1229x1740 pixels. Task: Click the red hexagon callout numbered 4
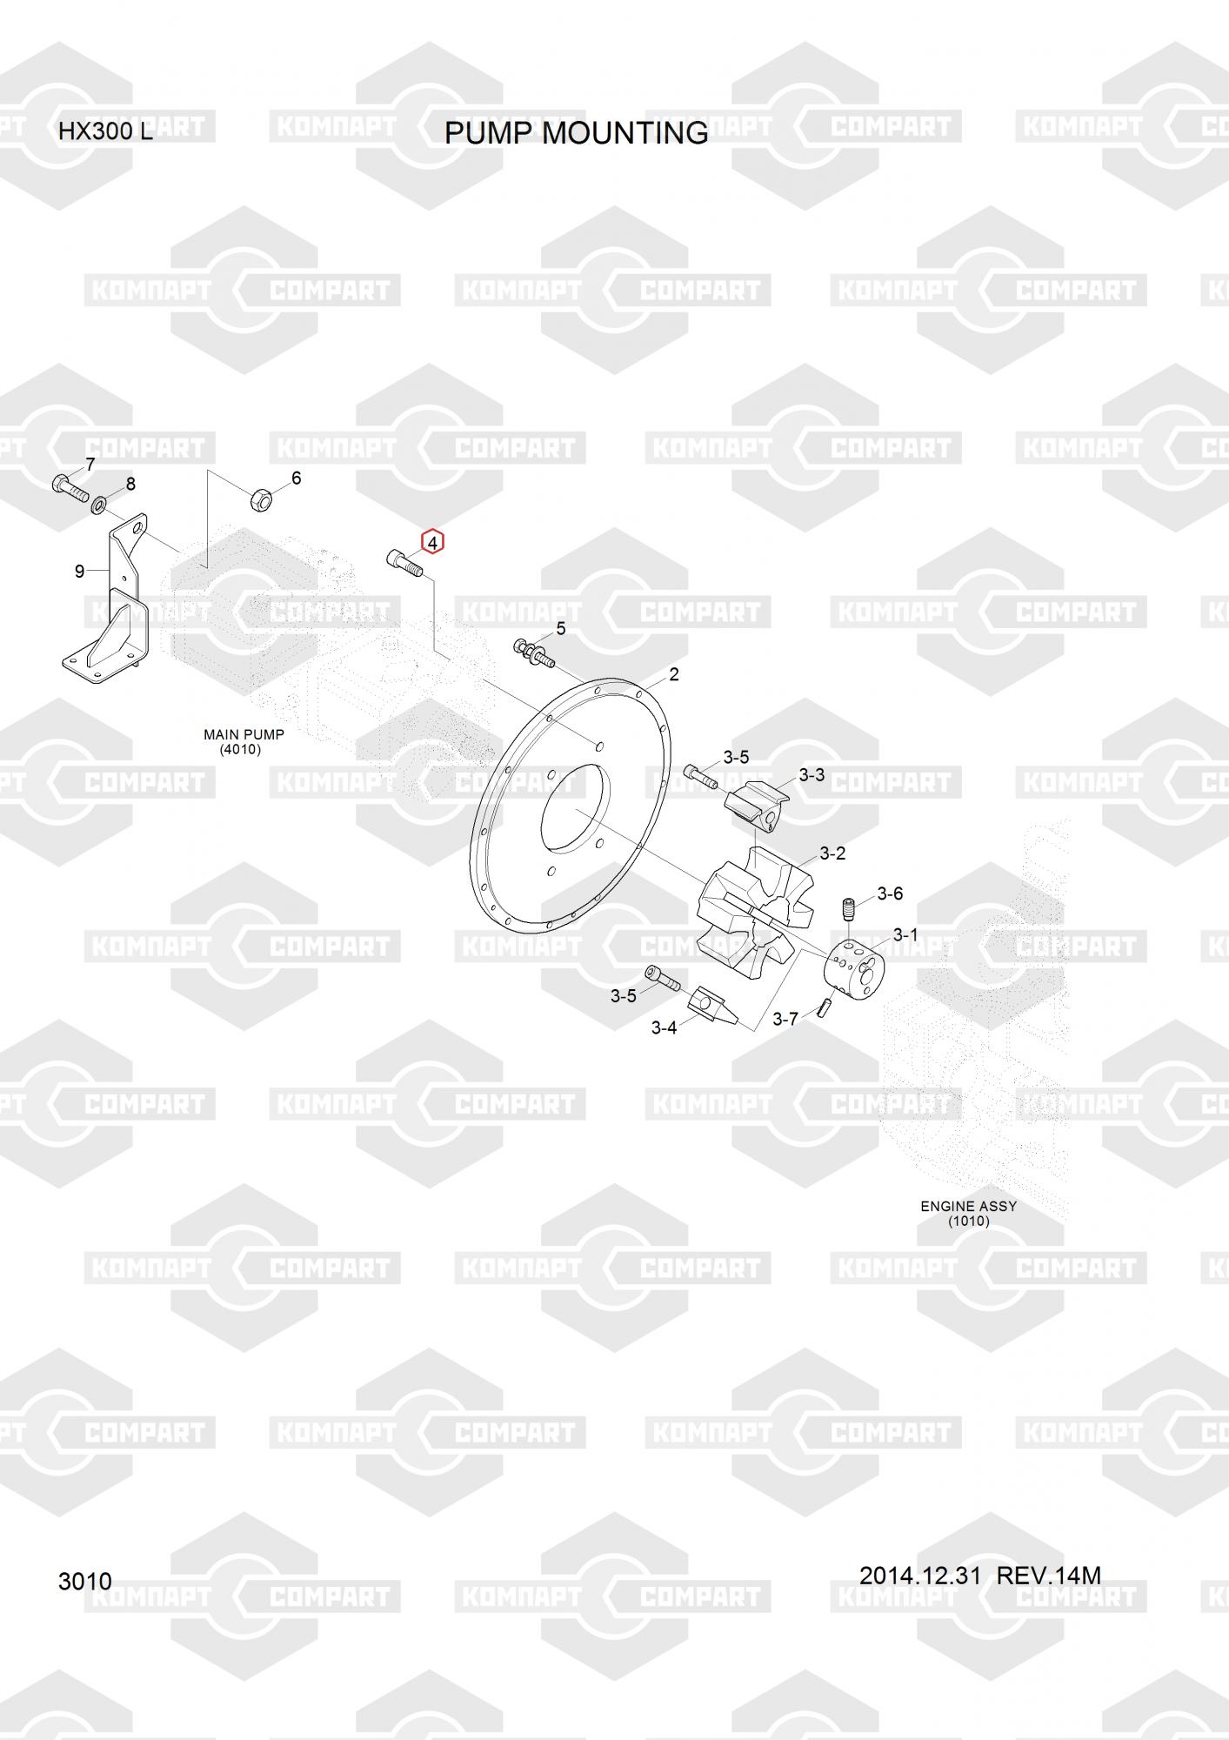tap(433, 542)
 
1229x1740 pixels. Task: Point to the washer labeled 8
tap(100, 503)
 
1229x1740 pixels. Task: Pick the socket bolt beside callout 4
tap(403, 563)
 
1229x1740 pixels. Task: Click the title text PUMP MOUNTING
tap(576, 133)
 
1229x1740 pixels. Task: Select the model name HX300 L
tap(105, 132)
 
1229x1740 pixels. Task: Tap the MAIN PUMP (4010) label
tap(244, 741)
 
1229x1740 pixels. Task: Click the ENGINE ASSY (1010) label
tap(968, 1213)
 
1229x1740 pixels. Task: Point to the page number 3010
tap(84, 1581)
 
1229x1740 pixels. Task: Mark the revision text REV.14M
tap(1048, 1576)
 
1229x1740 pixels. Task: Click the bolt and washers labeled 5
tap(533, 652)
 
